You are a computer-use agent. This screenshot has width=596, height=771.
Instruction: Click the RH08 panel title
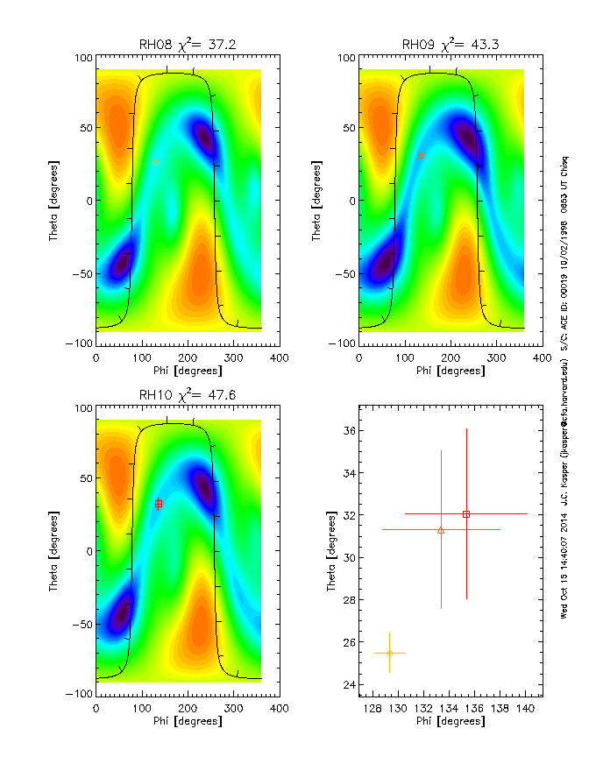coord(187,45)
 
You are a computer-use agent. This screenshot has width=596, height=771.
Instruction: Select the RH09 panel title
coord(450,45)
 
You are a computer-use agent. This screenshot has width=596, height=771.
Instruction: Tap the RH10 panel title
coord(187,395)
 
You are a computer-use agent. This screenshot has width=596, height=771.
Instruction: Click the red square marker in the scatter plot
coord(466,514)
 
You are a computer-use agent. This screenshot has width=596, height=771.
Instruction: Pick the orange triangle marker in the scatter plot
coord(441,530)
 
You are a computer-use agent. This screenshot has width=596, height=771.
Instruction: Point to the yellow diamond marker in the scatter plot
coord(389,653)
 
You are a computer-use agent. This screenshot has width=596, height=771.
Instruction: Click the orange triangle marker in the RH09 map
coord(421,155)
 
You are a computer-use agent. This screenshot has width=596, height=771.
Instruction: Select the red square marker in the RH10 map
coord(159,504)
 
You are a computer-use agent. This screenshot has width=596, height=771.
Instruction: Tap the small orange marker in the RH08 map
coord(155,164)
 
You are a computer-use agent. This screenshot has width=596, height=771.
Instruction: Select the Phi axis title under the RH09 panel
coord(450,371)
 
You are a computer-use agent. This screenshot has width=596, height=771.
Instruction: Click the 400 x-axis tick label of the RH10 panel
coord(279,707)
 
